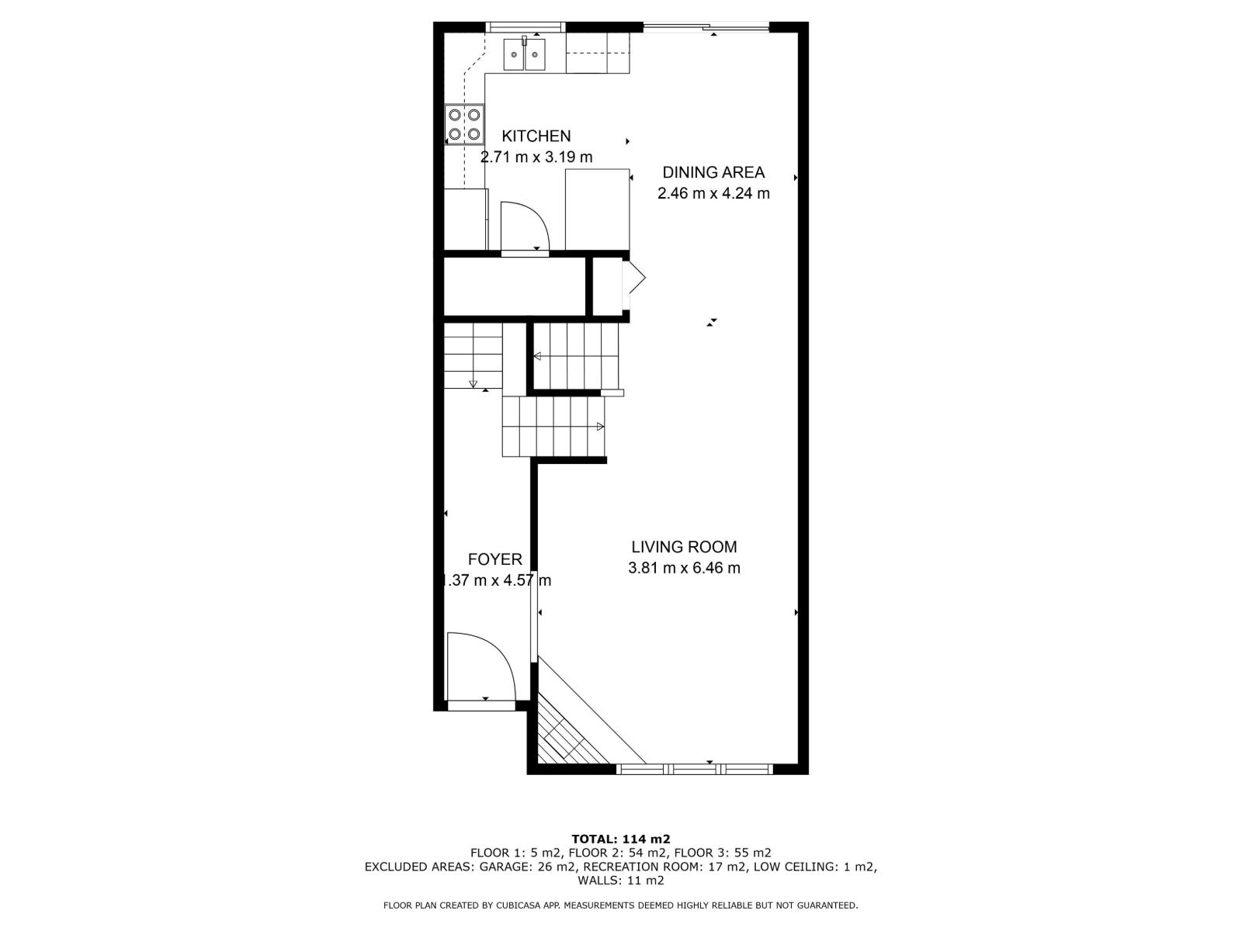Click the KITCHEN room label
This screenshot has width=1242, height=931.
[x=536, y=137]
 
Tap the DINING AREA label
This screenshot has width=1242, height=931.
[x=713, y=172]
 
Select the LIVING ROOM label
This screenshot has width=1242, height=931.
[x=683, y=547]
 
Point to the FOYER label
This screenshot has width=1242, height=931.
[x=494, y=559]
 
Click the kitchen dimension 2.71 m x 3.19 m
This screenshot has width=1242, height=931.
[x=536, y=157]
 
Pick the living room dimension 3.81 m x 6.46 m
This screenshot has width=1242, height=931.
[x=683, y=568]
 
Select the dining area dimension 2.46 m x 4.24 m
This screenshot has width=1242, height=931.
[x=713, y=193]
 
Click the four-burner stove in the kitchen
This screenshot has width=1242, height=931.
[x=463, y=125]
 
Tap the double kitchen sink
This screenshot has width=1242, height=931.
[x=525, y=54]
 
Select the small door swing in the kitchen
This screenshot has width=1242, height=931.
[x=523, y=226]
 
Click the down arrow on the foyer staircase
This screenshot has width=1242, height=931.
[x=474, y=382]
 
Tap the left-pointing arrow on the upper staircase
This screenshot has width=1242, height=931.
[x=536, y=356]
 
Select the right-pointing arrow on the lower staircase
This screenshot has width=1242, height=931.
[x=600, y=426]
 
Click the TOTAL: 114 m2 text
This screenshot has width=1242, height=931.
[x=620, y=839]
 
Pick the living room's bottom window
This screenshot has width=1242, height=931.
[x=694, y=769]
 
